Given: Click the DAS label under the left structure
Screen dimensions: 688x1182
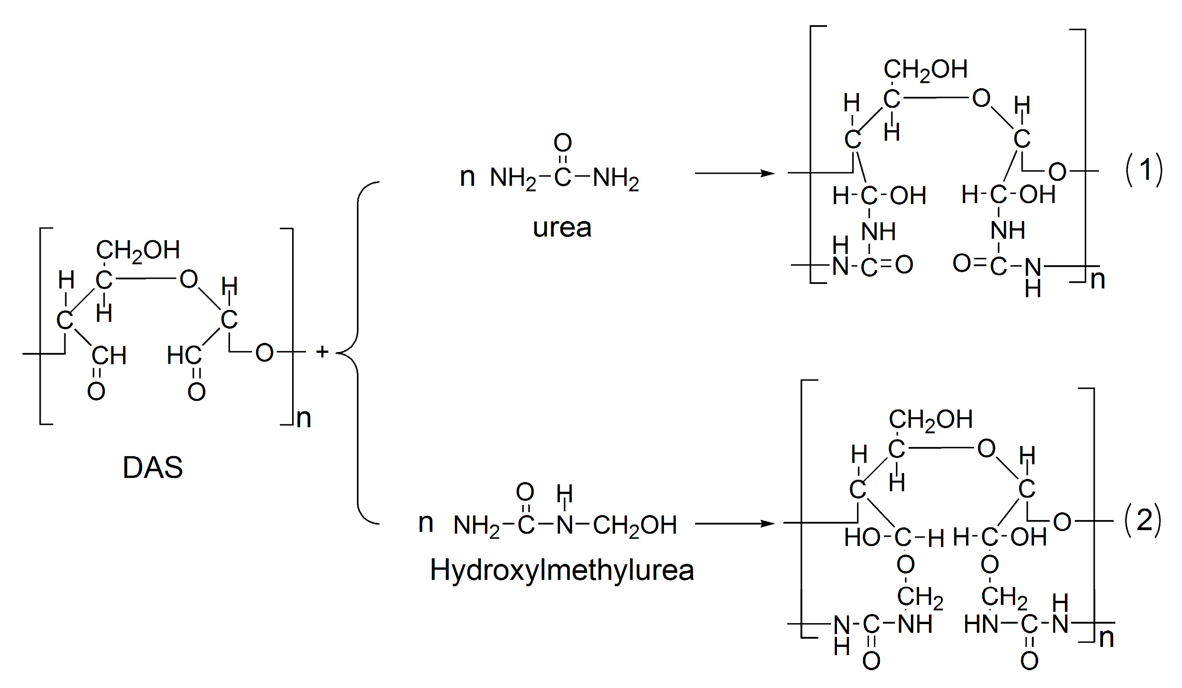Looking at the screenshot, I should pyautogui.click(x=152, y=468).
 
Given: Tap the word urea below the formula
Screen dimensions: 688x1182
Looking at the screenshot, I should pyautogui.click(x=562, y=228).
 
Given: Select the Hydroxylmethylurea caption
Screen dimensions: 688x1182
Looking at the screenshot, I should pyautogui.click(x=561, y=571).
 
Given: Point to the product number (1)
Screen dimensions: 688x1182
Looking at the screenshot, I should pyautogui.click(x=1145, y=169).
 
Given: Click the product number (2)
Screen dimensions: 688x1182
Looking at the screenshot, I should pyautogui.click(x=1144, y=520).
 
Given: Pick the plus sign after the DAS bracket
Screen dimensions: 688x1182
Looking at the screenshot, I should pyautogui.click(x=322, y=352).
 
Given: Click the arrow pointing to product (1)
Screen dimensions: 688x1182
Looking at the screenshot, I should pyautogui.click(x=734, y=173).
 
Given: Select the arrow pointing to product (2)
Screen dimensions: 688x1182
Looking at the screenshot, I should pyautogui.click(x=734, y=523).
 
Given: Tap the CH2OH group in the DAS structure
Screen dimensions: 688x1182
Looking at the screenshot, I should pyautogui.click(x=137, y=250).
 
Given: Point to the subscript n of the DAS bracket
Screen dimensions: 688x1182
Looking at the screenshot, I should pyautogui.click(x=304, y=418).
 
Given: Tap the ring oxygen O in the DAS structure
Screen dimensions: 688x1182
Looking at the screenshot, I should pyautogui.click(x=188, y=280).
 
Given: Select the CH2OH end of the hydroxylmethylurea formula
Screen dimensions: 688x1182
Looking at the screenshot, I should pyautogui.click(x=635, y=525).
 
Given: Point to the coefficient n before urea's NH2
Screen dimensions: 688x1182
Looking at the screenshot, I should pyautogui.click(x=467, y=177).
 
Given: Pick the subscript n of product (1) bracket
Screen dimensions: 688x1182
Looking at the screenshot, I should pyautogui.click(x=1098, y=280).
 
